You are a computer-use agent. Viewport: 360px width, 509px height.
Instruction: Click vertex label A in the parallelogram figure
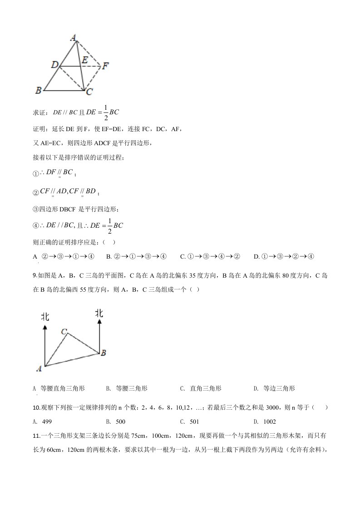pos(73,38)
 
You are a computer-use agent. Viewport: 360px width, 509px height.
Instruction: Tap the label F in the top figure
pos(105,66)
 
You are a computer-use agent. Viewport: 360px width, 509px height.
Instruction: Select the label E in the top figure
pos(84,60)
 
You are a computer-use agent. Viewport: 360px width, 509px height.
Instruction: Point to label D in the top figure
pos(54,66)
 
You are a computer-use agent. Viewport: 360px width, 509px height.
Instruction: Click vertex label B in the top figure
pos(39,90)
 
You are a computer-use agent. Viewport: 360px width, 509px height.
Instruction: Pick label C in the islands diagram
pos(64,332)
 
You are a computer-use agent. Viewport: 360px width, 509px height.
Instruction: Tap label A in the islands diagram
pos(39,368)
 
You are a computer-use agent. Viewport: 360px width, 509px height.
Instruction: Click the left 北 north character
pos(45,316)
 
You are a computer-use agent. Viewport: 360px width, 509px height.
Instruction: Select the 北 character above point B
pos(99,313)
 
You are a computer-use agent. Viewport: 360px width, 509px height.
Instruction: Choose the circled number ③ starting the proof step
pos(36,209)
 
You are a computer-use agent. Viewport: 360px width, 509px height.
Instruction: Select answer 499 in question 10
pos(46,421)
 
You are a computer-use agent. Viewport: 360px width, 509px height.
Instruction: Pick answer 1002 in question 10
pos(272,421)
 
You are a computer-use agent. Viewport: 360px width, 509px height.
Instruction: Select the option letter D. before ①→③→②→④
pos(256,257)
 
